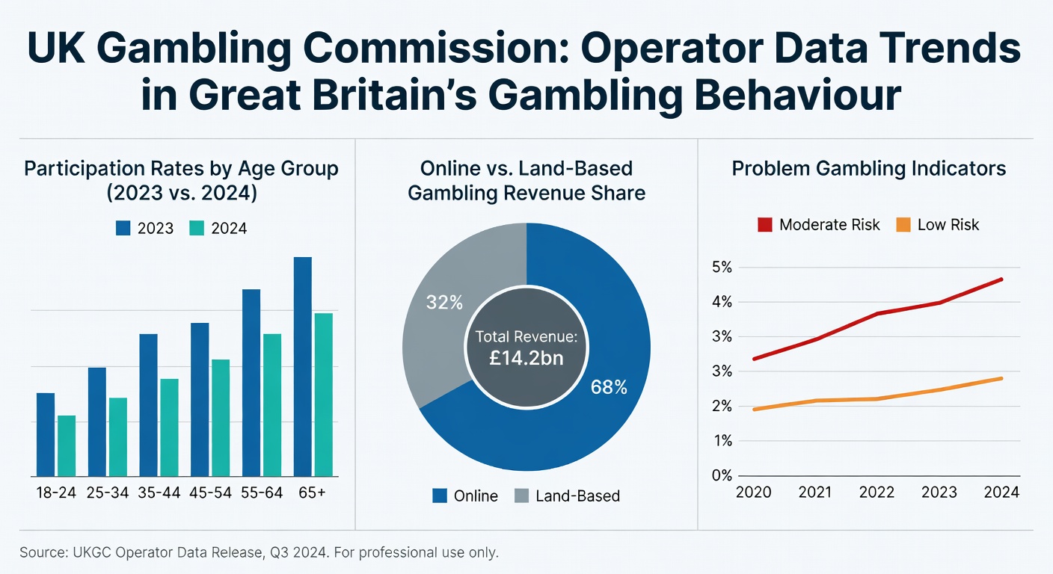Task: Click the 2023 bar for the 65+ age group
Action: [x=302, y=366]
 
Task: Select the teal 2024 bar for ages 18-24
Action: [x=67, y=445]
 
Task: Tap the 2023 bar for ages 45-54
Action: [x=200, y=399]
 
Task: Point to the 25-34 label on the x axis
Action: [x=107, y=494]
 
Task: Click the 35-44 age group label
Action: [x=159, y=494]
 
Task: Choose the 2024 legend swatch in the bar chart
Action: [x=197, y=228]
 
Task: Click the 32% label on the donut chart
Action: [x=444, y=303]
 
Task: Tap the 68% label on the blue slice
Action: [x=609, y=387]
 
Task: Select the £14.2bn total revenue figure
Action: [x=526, y=357]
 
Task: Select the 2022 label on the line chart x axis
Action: [x=877, y=492]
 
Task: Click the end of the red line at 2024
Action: [x=1001, y=280]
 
